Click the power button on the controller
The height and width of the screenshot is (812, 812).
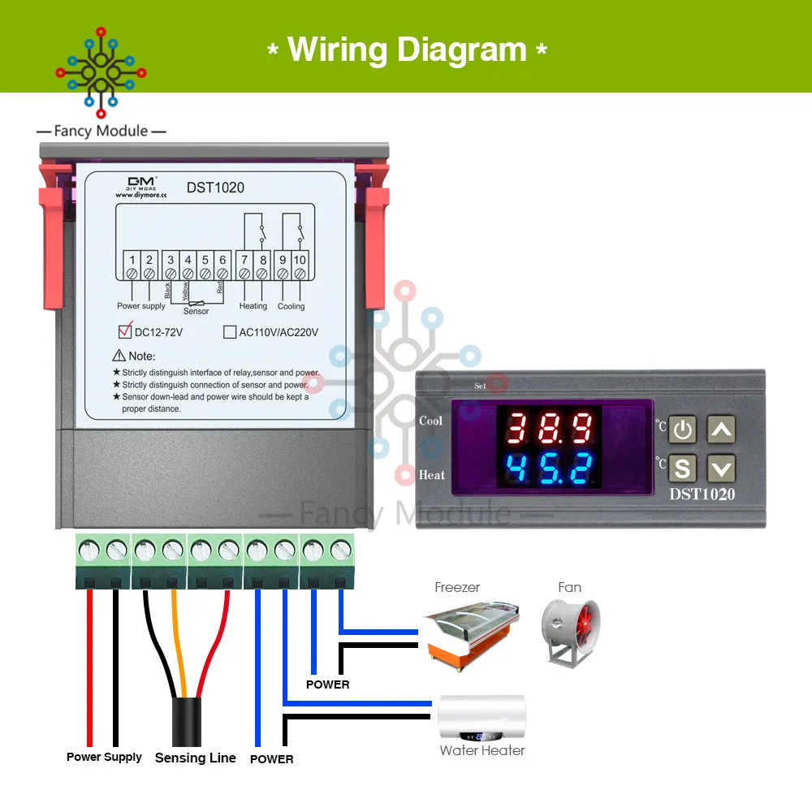click(683, 429)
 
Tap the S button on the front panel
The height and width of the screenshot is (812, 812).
click(683, 468)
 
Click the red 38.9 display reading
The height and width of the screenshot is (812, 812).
click(549, 427)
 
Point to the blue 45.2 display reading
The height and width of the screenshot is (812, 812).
click(549, 469)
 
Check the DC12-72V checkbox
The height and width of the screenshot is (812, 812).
click(125, 331)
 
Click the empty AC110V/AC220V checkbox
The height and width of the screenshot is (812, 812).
click(229, 331)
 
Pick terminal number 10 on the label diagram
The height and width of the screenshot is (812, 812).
click(300, 260)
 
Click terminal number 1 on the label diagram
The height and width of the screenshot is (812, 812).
click(132, 260)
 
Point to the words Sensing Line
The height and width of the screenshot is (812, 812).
click(195, 758)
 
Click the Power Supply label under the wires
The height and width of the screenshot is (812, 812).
click(104, 757)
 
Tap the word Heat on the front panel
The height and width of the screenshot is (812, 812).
click(432, 474)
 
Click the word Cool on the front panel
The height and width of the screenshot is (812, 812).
click(431, 421)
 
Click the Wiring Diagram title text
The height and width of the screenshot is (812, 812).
click(407, 50)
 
